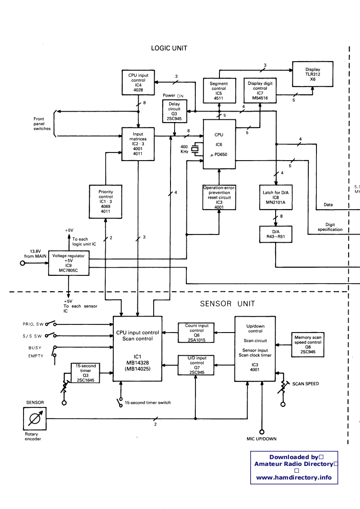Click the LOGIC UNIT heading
coord(169,48)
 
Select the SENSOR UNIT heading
coord(228,303)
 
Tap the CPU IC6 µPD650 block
coord(219,144)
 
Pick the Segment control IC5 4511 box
coord(219,90)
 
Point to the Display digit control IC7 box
coord(260,90)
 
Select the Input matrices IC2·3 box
coord(138,144)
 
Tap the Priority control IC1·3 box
coord(105,201)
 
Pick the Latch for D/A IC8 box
coord(275,197)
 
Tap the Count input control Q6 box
coord(197,333)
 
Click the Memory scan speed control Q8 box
coord(308,343)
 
